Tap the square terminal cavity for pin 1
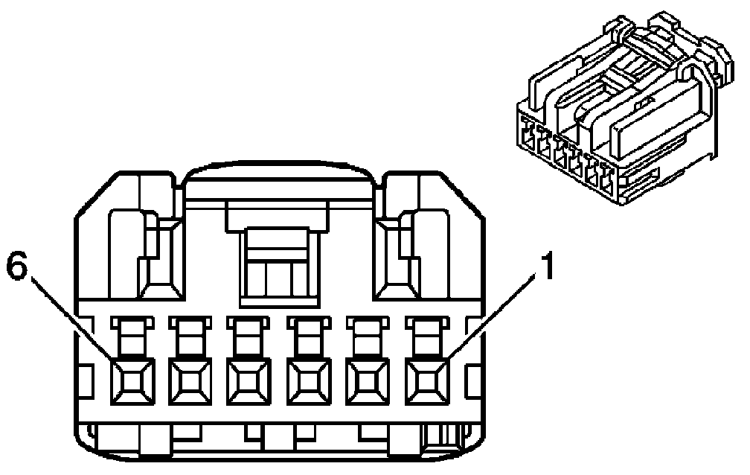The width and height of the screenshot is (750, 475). click(x=426, y=380)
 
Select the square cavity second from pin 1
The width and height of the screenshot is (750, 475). click(x=367, y=380)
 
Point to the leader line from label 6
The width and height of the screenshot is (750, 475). click(x=74, y=320)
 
